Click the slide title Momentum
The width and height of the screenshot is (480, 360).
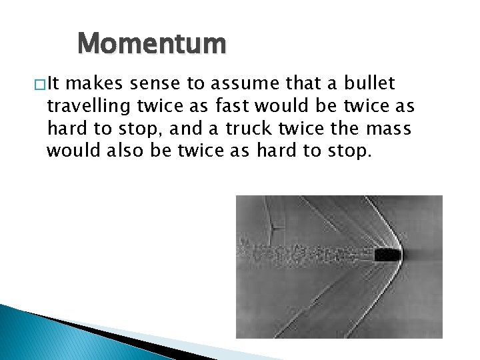click(x=152, y=45)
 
